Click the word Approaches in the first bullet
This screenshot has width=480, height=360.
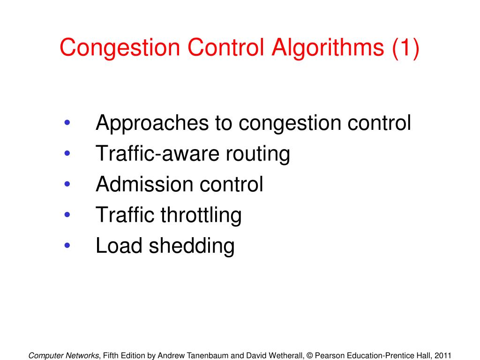pyautogui.click(x=151, y=123)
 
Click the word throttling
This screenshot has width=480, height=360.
pyautogui.click(x=201, y=215)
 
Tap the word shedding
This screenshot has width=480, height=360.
pyautogui.click(x=192, y=246)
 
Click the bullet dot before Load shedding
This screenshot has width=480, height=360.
pyautogui.click(x=67, y=246)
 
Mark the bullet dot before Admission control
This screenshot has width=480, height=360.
pyautogui.click(x=67, y=184)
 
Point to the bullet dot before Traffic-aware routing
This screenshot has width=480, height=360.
pyautogui.click(x=67, y=154)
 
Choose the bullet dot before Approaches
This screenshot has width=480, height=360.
pyautogui.click(x=67, y=123)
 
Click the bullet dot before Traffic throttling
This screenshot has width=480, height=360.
pyautogui.click(x=67, y=215)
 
